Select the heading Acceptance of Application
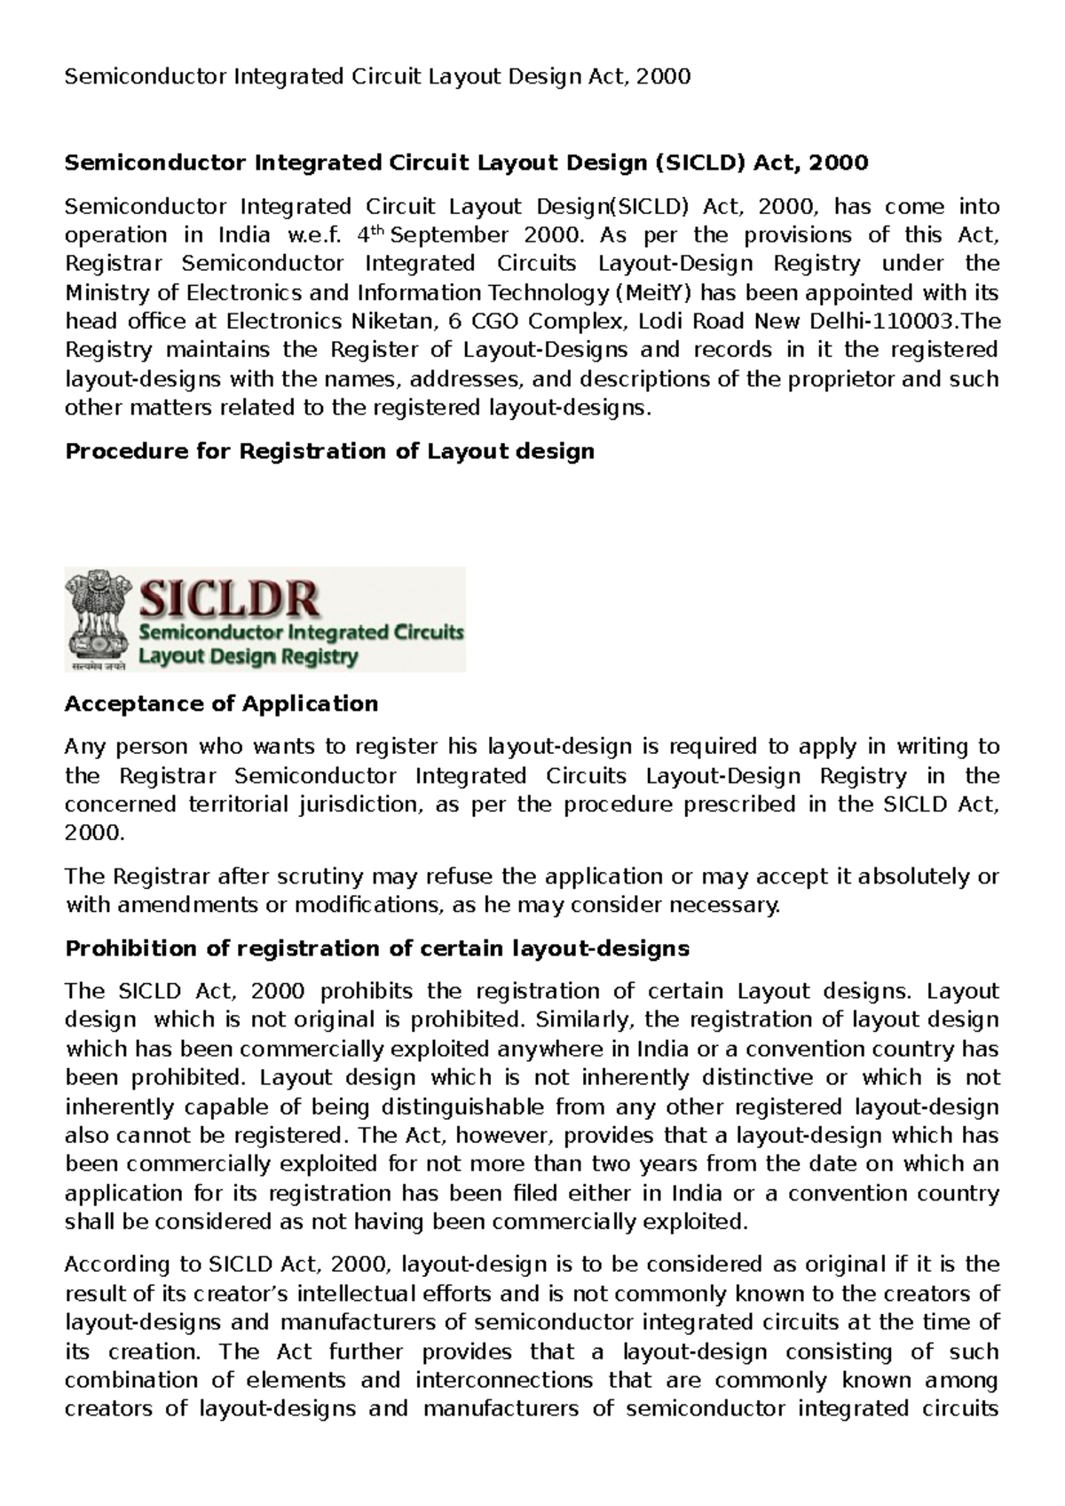(222, 703)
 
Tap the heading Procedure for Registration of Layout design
(330, 451)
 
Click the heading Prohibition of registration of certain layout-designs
(377, 948)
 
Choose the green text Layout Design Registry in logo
(248, 657)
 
